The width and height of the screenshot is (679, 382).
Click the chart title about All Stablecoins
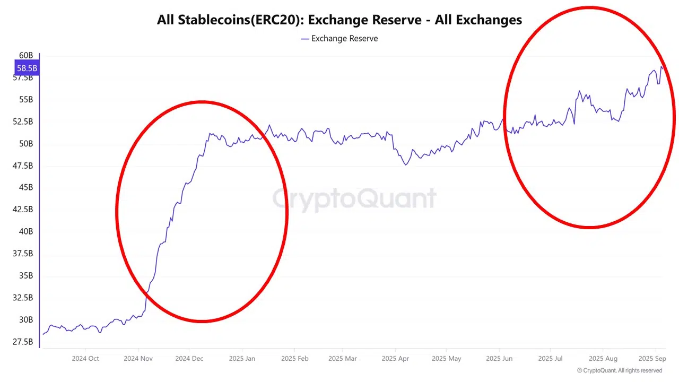[x=339, y=20]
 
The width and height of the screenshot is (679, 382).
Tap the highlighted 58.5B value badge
[x=27, y=68]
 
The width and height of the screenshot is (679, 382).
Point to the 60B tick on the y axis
[x=26, y=55]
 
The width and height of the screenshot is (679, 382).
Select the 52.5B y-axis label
[x=22, y=121]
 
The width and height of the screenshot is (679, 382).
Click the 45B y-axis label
[x=25, y=187]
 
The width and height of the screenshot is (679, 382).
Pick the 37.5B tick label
[x=22, y=254]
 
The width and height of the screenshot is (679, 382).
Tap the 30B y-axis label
[x=26, y=319]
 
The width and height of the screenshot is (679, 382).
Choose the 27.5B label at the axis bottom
[x=22, y=342]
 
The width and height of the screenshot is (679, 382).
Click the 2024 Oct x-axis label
[x=85, y=359]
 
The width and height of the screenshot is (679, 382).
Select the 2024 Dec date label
[x=189, y=359]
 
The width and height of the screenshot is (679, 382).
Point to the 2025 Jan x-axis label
[x=242, y=359]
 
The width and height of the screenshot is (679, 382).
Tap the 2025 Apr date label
[x=396, y=359]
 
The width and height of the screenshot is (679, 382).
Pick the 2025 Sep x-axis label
[x=652, y=359]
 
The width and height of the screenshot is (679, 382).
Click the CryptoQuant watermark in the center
[x=354, y=199]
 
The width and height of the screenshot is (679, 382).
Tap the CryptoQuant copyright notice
[x=619, y=370]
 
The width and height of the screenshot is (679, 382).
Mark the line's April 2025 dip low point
[x=406, y=165]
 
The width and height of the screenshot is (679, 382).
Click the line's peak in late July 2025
[x=579, y=91]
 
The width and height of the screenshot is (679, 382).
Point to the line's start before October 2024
[x=43, y=334]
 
